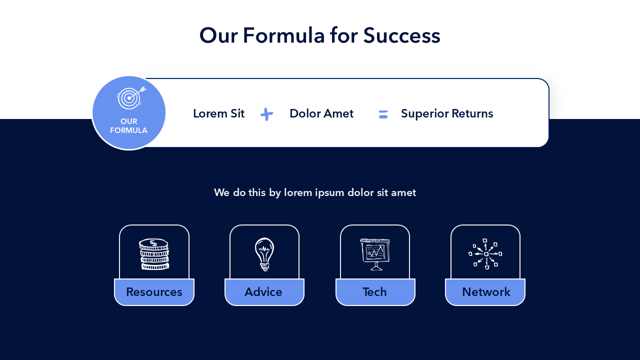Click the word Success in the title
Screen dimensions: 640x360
pyautogui.click(x=401, y=35)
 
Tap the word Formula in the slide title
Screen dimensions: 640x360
pyautogui.click(x=284, y=35)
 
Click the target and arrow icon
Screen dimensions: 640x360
pyautogui.click(x=131, y=97)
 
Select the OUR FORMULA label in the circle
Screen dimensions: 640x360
pyautogui.click(x=128, y=125)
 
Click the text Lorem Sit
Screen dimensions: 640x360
pyautogui.click(x=219, y=113)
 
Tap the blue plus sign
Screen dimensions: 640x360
pyautogui.click(x=267, y=114)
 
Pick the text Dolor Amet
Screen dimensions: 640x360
pyautogui.click(x=321, y=113)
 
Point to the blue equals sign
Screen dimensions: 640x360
pyautogui.click(x=383, y=114)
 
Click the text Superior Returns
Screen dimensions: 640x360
pyautogui.click(x=447, y=113)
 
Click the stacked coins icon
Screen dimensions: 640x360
pyautogui.click(x=154, y=254)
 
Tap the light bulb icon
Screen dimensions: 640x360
pyautogui.click(x=264, y=254)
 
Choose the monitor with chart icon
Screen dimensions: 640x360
pyautogui.click(x=375, y=254)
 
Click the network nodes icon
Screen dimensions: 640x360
pyautogui.click(x=485, y=253)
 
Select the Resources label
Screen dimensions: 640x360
pyautogui.click(x=154, y=292)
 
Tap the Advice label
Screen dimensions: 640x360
pyautogui.click(x=263, y=292)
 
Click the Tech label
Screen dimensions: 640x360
pyautogui.click(x=374, y=292)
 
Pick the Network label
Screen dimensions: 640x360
pyautogui.click(x=486, y=292)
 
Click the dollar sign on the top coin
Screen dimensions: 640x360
pyautogui.click(x=153, y=243)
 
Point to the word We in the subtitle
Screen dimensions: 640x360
pyautogui.click(x=221, y=192)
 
